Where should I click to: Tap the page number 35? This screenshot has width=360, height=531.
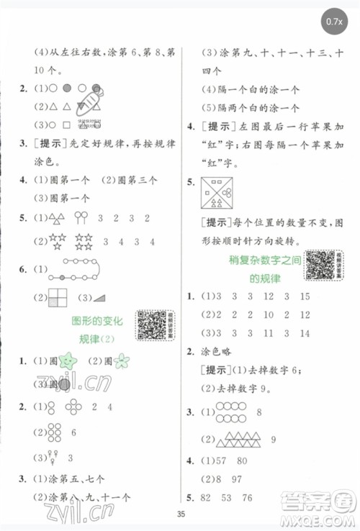click(180, 513)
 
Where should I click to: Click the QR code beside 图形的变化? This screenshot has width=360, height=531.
click(152, 324)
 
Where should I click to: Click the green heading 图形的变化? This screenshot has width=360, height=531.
click(99, 319)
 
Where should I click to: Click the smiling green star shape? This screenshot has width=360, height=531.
click(69, 360)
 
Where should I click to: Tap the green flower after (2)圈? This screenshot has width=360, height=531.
click(122, 360)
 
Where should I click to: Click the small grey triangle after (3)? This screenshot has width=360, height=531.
click(99, 296)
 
